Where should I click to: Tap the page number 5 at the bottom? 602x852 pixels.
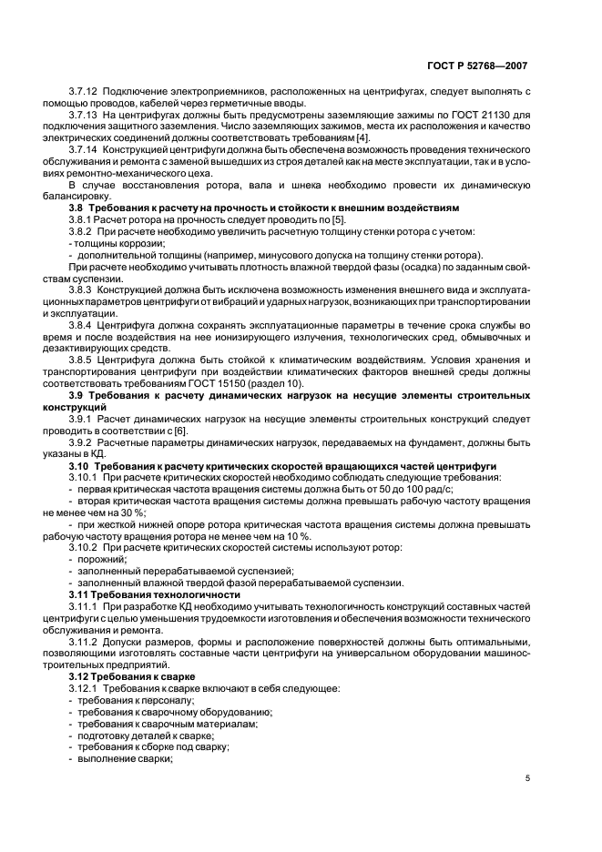coord(527,778)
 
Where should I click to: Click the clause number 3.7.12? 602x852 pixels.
coord(85,93)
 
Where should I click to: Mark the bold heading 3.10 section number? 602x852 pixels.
coord(80,465)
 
